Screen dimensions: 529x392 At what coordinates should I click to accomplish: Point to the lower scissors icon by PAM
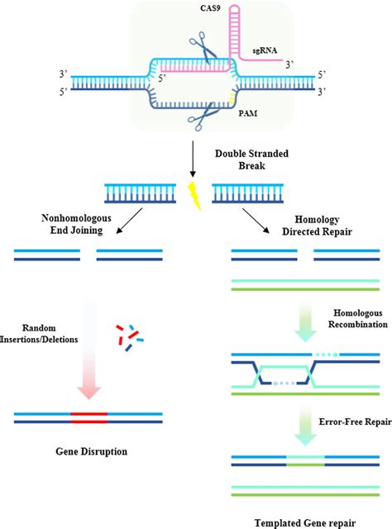pos(198,124)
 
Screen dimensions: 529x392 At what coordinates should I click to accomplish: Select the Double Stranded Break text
pos(243,160)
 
